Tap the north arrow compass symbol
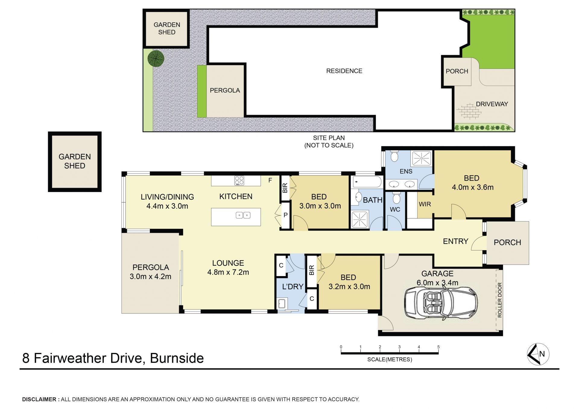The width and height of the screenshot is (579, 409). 538,354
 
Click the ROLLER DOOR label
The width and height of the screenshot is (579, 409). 500,300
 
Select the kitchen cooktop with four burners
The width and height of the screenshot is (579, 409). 239,181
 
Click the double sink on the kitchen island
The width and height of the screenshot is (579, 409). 243,215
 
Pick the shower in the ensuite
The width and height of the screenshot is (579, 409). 422,158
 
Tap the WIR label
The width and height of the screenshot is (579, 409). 425,204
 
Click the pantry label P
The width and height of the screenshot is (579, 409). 285,215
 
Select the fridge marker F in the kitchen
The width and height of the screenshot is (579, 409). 270,180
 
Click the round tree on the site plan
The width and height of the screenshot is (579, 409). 156,58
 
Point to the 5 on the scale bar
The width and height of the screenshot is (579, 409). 438,347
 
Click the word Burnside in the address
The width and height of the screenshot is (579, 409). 177,358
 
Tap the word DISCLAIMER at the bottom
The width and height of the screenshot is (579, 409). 39,399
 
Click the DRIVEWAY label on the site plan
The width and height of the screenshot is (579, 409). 492,104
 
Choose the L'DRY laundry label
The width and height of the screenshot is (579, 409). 293,287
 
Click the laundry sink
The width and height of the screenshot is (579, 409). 282,303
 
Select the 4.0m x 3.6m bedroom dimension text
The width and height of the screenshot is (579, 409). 473,187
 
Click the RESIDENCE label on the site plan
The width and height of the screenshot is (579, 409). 344,71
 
